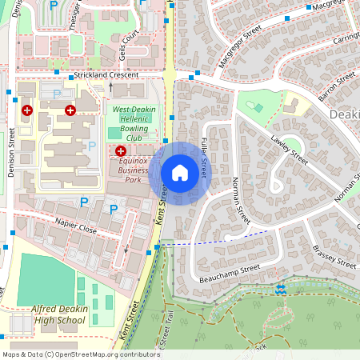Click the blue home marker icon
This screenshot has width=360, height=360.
pos(180,173)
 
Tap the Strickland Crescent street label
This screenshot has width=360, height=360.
pos(106,75)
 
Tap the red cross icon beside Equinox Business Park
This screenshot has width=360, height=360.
pos(121,150)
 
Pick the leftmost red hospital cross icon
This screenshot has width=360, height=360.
pos(27,110)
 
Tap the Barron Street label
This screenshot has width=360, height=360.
pos(335,83)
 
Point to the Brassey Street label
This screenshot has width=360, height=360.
pos(334,256)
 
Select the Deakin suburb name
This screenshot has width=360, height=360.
pos(344,115)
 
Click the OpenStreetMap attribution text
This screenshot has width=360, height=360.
pos(70,354)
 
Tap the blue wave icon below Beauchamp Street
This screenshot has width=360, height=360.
pos(280,288)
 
